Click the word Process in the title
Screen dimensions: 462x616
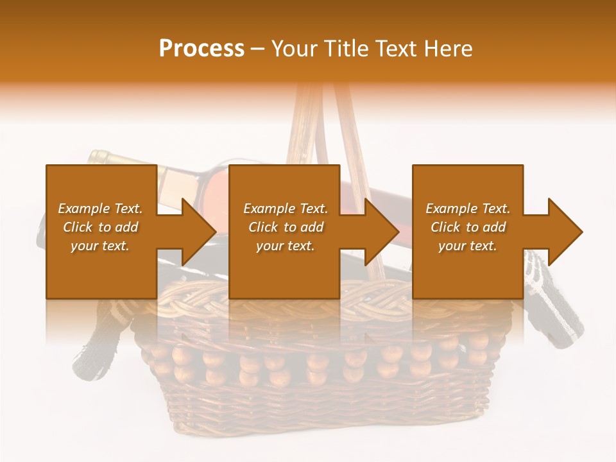201,49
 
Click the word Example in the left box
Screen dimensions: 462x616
83,209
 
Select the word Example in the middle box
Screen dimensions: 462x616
269,209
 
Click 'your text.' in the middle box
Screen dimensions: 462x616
286,246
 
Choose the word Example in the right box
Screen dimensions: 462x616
451,209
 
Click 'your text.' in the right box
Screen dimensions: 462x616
468,246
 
